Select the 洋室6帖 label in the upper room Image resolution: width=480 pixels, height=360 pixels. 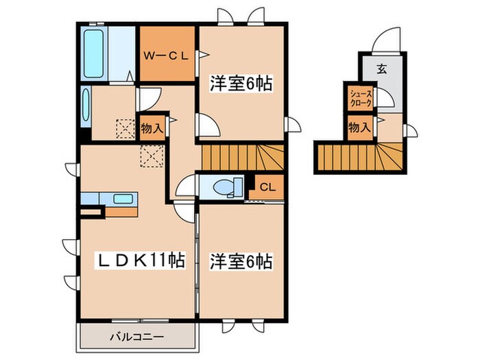(x=241, y=84)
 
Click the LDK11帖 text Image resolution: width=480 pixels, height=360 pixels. (x=140, y=261)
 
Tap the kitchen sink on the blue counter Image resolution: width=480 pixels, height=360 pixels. (x=110, y=199)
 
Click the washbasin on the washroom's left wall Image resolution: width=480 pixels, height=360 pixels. (x=86, y=104)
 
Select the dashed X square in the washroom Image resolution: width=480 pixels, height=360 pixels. (x=125, y=128)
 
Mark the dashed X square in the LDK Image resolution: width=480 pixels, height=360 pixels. (x=149, y=156)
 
